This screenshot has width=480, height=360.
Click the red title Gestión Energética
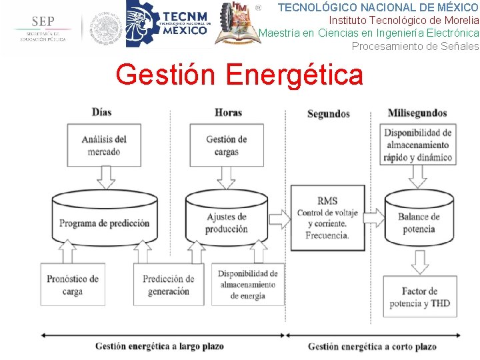(239, 75)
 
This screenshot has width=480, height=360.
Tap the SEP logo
(42, 29)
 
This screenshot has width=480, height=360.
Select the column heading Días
(102, 113)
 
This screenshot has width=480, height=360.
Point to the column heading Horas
(228, 113)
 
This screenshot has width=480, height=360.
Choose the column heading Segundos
(328, 114)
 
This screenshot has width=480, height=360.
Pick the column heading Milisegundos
(417, 113)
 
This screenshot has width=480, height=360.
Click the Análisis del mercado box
(103, 145)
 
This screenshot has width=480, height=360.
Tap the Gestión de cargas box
(227, 145)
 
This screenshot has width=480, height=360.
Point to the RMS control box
(327, 218)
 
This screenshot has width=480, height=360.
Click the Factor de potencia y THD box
(419, 297)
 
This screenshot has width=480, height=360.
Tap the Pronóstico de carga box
(73, 285)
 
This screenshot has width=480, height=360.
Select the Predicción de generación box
(168, 285)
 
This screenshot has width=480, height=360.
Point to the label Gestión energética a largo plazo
(159, 346)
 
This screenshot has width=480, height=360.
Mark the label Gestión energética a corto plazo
(372, 347)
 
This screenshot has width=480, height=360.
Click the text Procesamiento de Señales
(415, 46)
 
